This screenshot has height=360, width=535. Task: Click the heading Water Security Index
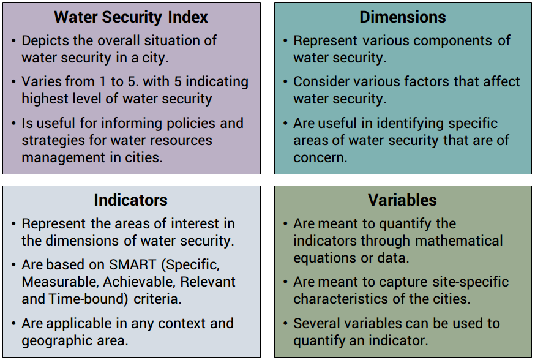[x=130, y=17]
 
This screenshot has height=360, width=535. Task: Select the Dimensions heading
[x=403, y=17]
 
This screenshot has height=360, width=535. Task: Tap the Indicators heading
[x=130, y=200]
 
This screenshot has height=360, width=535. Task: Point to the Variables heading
[x=402, y=200]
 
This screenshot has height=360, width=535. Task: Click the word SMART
[x=132, y=264]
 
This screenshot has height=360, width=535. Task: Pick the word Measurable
[x=60, y=282]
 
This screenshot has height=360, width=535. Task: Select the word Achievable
[x=139, y=282]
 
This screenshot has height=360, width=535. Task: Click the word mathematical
[x=459, y=241]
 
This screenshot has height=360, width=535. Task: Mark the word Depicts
[x=45, y=41]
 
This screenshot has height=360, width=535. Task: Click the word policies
[x=189, y=124]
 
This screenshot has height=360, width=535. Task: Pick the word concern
[x=320, y=157]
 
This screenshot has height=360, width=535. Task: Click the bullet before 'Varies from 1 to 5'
[x=13, y=82]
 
